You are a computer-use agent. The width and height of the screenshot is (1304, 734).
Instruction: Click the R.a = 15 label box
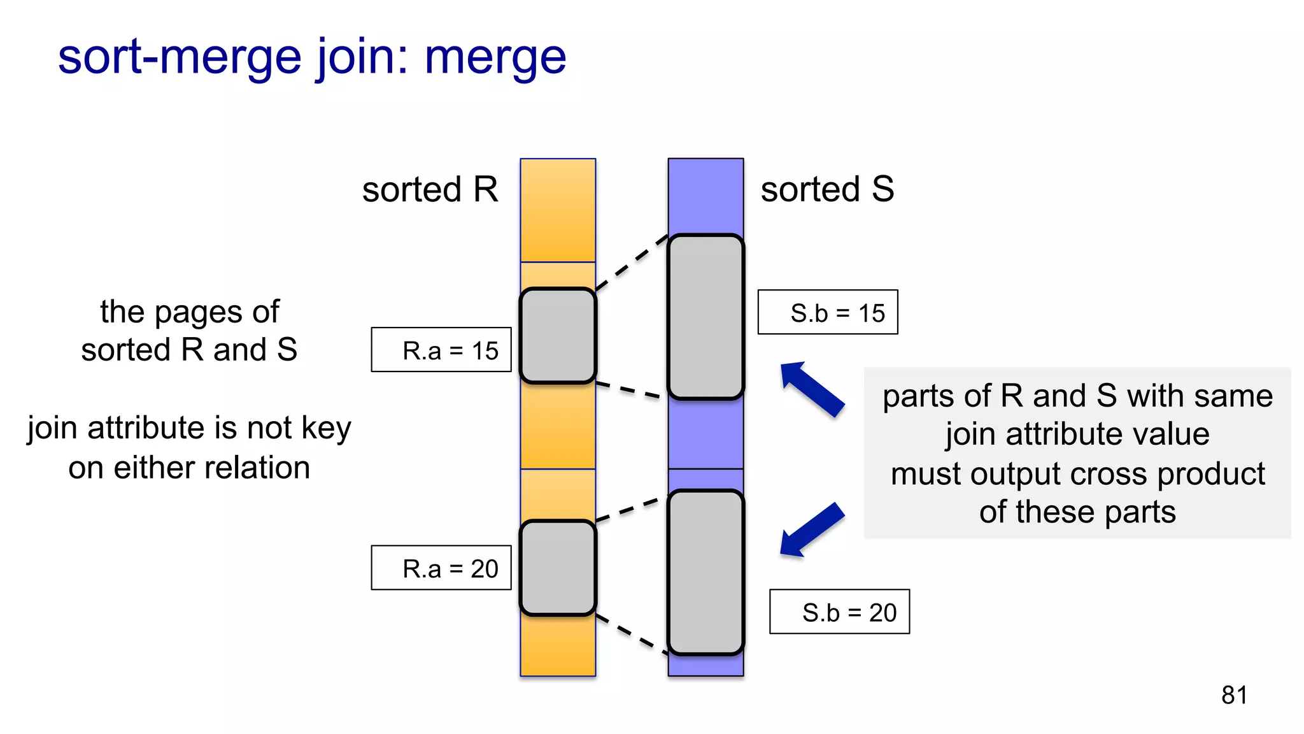[441, 350]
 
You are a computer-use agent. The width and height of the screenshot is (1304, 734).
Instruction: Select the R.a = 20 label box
[441, 568]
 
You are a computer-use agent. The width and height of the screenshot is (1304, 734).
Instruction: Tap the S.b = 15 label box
[828, 312]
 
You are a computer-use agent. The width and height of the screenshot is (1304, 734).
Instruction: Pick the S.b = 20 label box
[839, 612]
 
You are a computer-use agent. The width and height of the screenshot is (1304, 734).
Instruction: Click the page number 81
[1234, 694]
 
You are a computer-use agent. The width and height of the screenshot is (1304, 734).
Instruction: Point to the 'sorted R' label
[430, 190]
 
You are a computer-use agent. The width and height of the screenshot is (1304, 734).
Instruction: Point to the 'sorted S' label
[827, 190]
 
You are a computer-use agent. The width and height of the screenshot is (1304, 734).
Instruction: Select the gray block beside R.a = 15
[558, 336]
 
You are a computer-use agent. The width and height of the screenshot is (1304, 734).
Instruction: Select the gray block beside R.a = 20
[558, 568]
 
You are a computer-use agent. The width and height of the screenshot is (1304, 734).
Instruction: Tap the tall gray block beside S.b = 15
[705, 317]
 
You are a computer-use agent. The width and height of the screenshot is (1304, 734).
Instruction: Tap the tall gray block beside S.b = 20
[705, 572]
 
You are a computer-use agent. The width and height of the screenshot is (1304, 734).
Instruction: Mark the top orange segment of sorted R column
[558, 210]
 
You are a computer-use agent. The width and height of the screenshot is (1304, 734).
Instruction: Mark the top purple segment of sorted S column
[705, 195]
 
